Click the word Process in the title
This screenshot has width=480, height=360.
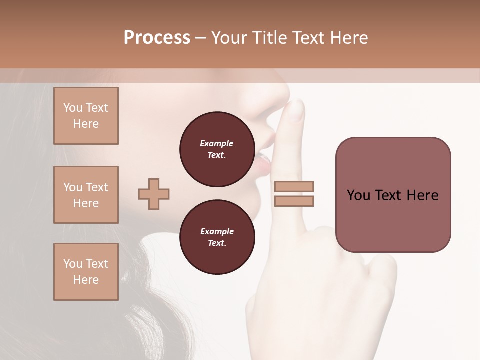point(157,38)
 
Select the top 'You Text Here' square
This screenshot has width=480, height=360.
point(86,116)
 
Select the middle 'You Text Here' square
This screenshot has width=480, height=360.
point(86,195)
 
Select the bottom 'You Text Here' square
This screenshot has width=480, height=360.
point(86,272)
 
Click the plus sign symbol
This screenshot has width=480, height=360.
point(154,194)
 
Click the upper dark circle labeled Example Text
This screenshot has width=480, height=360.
point(217,149)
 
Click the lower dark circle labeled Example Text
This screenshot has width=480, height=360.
point(217,237)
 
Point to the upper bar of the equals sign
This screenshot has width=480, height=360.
point(294,187)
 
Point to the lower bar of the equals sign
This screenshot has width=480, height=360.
point(294,201)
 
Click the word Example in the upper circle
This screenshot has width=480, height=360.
point(217,144)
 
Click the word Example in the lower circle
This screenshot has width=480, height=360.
point(217,231)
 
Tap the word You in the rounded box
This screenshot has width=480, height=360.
point(359,195)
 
